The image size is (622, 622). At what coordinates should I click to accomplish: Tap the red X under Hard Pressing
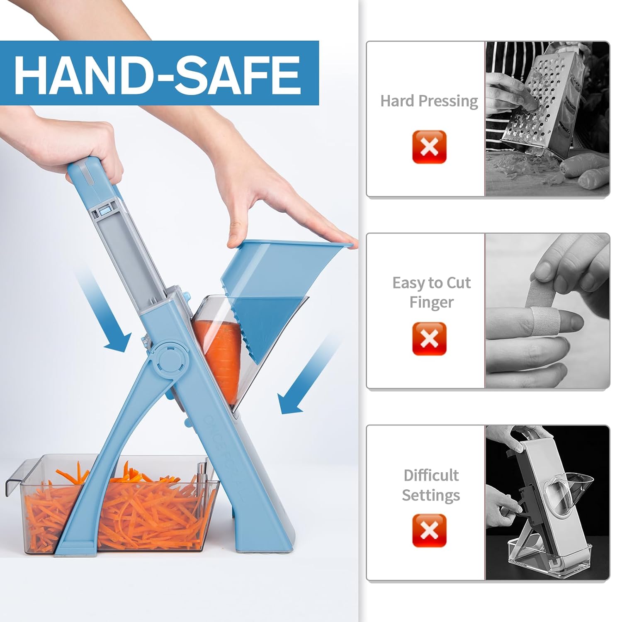(429, 147)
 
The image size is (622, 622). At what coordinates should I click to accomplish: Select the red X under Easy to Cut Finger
(429, 338)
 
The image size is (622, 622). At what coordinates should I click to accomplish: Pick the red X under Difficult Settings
(429, 530)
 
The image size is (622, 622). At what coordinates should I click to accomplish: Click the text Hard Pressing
(429, 101)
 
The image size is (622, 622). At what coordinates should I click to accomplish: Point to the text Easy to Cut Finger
(431, 292)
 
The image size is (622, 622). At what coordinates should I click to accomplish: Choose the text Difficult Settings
(431, 485)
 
